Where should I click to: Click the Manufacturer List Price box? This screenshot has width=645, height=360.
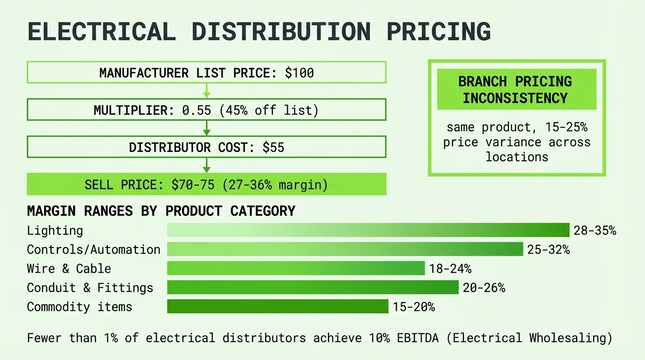click(x=206, y=73)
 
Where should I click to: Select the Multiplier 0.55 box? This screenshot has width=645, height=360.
click(x=206, y=110)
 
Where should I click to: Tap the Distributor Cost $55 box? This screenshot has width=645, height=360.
click(x=206, y=147)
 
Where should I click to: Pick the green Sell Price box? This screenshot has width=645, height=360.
click(x=206, y=184)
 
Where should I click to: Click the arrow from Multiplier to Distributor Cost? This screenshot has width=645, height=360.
click(x=206, y=128)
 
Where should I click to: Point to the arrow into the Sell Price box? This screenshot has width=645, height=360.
click(x=206, y=165)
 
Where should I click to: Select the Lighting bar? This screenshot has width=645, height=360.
click(x=368, y=230)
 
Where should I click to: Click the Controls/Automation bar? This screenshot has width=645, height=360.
click(x=345, y=249)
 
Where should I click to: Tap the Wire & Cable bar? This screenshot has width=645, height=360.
click(x=296, y=269)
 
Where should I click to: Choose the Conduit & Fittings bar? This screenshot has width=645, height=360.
click(x=313, y=287)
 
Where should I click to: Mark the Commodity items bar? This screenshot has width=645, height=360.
click(x=277, y=307)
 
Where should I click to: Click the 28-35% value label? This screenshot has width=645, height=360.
click(x=594, y=231)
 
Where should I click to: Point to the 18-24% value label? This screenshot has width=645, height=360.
click(x=450, y=269)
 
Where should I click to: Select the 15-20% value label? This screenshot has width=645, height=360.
click(x=414, y=307)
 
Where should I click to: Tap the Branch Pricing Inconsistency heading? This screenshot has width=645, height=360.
click(x=516, y=90)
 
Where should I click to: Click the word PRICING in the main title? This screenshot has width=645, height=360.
click(x=439, y=31)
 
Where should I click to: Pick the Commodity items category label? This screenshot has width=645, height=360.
click(x=80, y=307)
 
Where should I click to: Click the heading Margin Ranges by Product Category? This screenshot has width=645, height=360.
click(x=161, y=211)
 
